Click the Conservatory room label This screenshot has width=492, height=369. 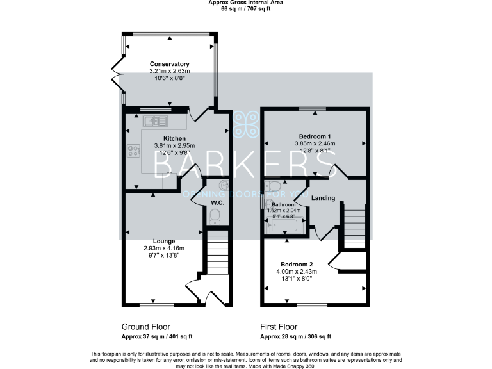tap(169, 64)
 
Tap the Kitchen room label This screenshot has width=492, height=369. tap(174, 138)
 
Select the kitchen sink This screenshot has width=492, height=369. tap(155, 119)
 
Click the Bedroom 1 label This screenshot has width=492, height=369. tap(315, 136)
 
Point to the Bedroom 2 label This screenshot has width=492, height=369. tap(297, 264)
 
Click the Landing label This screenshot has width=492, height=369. tap(323, 198)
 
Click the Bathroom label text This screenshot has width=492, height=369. tap(283, 204)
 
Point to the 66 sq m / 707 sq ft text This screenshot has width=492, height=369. tap(246, 10)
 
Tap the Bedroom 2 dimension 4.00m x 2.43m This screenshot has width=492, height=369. tap(297, 271)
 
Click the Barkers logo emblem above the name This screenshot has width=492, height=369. tap(246, 124)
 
